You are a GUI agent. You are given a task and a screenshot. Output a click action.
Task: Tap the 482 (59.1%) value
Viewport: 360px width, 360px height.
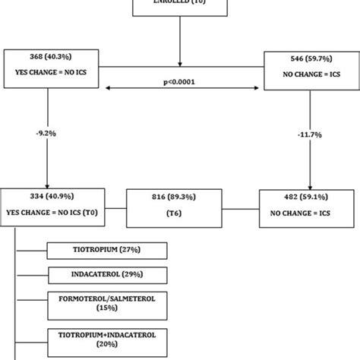click(302, 197)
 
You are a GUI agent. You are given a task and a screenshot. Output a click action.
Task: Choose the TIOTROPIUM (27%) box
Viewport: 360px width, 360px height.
click(107, 251)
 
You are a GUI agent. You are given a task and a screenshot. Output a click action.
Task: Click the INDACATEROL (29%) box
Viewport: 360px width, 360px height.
click(107, 273)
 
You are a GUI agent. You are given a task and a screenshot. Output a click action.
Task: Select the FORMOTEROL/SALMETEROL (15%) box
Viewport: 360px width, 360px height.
click(107, 303)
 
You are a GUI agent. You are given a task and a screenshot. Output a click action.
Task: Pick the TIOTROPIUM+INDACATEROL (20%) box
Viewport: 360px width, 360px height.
click(107, 339)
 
